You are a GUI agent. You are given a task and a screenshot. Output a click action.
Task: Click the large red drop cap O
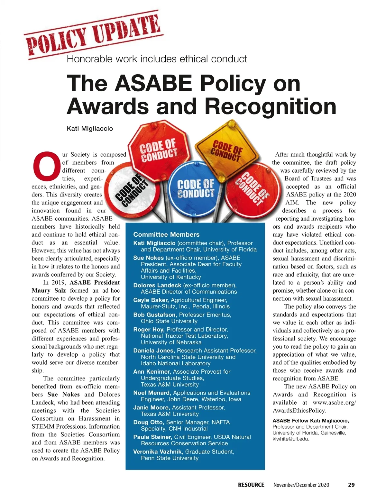click(x=47, y=165)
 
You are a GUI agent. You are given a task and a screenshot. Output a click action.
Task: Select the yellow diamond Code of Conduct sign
click(x=227, y=150)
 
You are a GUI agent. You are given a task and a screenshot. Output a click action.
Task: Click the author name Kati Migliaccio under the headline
click(x=90, y=129)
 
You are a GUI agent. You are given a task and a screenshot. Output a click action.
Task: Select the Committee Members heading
click(x=166, y=234)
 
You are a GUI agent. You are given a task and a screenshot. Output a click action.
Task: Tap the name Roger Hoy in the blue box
click(x=149, y=329)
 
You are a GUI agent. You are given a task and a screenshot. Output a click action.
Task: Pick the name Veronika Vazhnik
click(x=158, y=451)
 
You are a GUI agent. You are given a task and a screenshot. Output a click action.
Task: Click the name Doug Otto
click(x=149, y=422)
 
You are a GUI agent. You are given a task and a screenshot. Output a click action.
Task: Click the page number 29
click(x=351, y=485)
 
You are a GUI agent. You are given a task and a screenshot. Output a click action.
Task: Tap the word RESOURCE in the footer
click(x=251, y=485)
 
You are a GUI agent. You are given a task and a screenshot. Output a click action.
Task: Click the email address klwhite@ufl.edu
click(x=291, y=439)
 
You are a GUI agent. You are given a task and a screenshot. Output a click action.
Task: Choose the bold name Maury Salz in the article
click(x=49, y=290)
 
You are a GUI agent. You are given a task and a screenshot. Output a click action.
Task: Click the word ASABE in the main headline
click(x=153, y=83)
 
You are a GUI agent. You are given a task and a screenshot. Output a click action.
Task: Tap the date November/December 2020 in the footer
click(x=301, y=485)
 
